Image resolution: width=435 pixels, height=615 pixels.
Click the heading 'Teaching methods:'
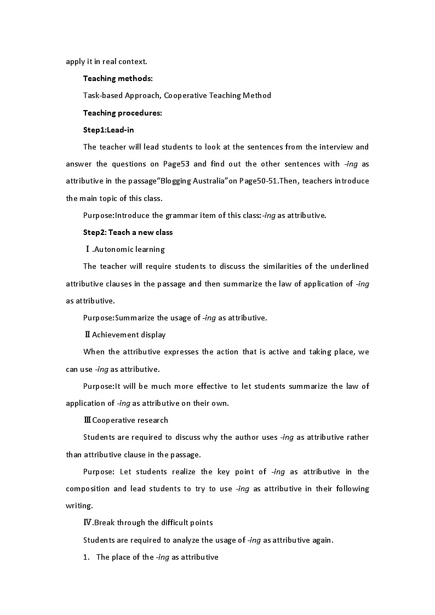(x=118, y=78)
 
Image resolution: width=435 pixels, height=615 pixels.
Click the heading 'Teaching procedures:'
(x=123, y=113)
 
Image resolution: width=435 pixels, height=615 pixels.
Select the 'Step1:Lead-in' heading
(x=108, y=130)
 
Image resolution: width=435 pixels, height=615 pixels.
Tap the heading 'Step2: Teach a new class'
(x=128, y=232)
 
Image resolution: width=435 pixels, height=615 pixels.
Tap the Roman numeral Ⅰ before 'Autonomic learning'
(x=88, y=249)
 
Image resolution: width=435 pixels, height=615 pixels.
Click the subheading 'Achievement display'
(x=129, y=335)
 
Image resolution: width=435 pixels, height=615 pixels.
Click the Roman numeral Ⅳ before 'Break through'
(x=88, y=522)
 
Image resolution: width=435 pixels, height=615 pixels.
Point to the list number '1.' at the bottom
(x=86, y=557)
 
